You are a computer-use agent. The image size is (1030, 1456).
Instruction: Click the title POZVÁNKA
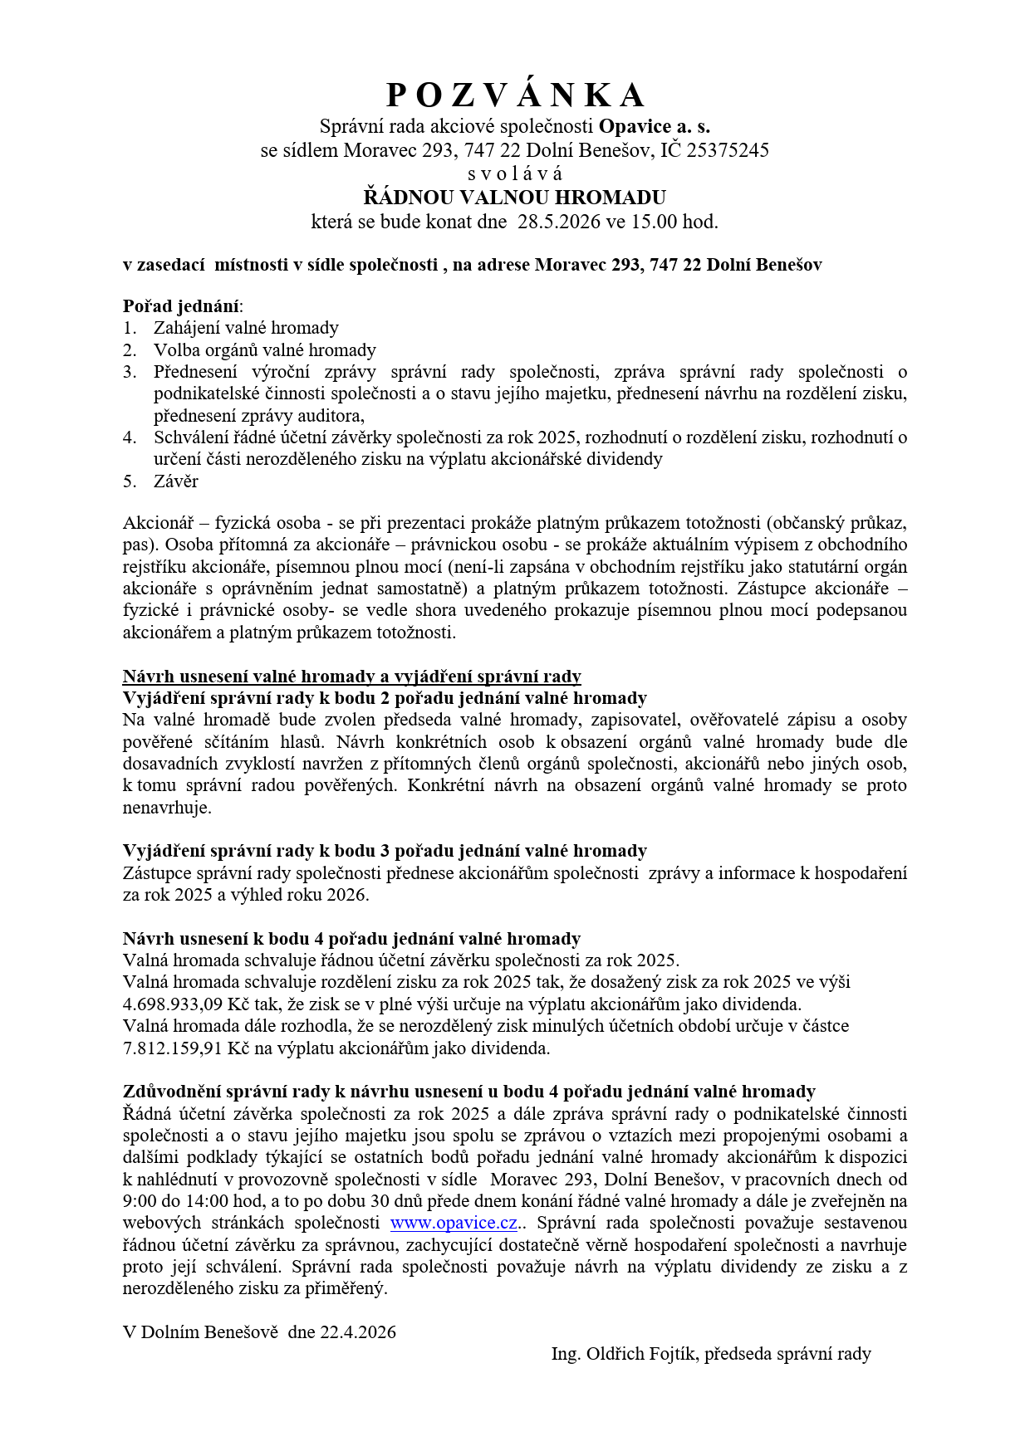pos(515,95)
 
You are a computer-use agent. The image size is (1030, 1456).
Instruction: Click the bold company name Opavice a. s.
pos(654,126)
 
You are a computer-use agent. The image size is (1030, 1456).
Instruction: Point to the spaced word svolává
pos(515,174)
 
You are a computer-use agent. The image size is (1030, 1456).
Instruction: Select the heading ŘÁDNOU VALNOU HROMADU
pos(515,198)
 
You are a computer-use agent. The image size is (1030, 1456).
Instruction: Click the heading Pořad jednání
pos(181,305)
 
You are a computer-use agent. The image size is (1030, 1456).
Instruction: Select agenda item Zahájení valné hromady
pos(246,328)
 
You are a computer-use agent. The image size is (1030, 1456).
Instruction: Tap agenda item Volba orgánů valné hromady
pos(264,349)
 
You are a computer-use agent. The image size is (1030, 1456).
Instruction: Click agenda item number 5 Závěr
pos(175,481)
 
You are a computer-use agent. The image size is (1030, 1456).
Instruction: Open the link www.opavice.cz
pos(454,1223)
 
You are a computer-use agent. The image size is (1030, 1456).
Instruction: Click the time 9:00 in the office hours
pos(140,1201)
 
